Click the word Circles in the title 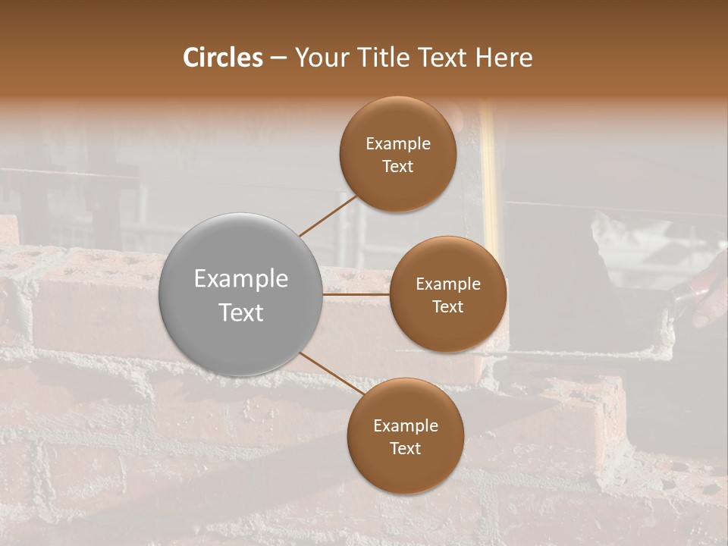[x=223, y=58]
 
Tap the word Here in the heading [x=504, y=58]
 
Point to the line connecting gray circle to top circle [x=328, y=216]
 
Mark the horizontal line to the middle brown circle [x=356, y=294]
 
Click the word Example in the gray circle [x=240, y=279]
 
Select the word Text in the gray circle [x=240, y=312]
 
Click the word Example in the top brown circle [x=397, y=144]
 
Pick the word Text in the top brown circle [x=397, y=167]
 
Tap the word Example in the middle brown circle [x=447, y=284]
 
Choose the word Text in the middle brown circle [x=447, y=307]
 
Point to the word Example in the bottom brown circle [x=405, y=426]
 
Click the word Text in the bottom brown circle [x=405, y=449]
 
